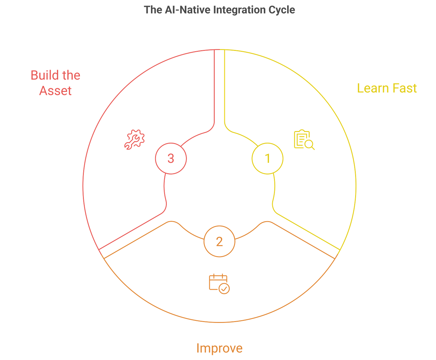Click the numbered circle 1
pyautogui.click(x=267, y=158)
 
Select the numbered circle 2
pyautogui.click(x=219, y=241)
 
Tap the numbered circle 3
pyautogui.click(x=171, y=158)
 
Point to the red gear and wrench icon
pyautogui.click(x=134, y=139)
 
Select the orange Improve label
pyautogui.click(x=219, y=348)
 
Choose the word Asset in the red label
pyautogui.click(x=55, y=91)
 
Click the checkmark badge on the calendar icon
pyautogui.click(x=224, y=289)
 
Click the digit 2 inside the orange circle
pyautogui.click(x=219, y=241)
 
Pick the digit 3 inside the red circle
pyautogui.click(x=171, y=158)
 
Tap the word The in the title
pyautogui.click(x=153, y=10)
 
